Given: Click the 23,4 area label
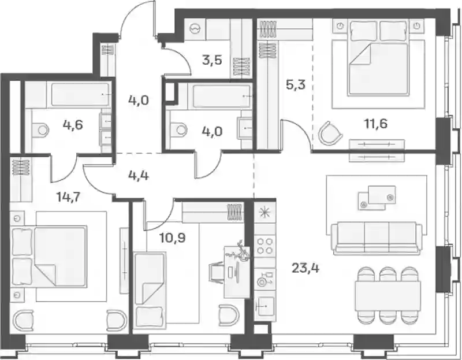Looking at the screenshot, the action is tap(305, 268).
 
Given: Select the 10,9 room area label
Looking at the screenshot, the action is tap(172, 237).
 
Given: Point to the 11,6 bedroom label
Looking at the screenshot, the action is tap(376, 124).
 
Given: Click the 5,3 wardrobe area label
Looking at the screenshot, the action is tap(296, 85).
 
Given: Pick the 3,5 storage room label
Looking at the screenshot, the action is tap(212, 60).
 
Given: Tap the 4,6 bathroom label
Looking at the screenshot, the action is tap(73, 125).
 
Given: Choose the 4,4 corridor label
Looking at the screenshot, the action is tap(139, 176).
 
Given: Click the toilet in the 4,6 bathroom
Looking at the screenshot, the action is tap(40, 130).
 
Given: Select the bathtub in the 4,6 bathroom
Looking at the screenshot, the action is tap(80, 94).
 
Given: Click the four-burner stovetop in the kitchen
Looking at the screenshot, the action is tap(265, 247).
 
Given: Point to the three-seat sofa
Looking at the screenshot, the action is tap(377, 237).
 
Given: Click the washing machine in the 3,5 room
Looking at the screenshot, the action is tap(195, 29).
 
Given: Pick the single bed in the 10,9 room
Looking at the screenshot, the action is tap(150, 290).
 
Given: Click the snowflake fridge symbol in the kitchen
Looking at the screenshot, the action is tap(264, 212).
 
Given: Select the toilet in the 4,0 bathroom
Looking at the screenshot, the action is tap(179, 129).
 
